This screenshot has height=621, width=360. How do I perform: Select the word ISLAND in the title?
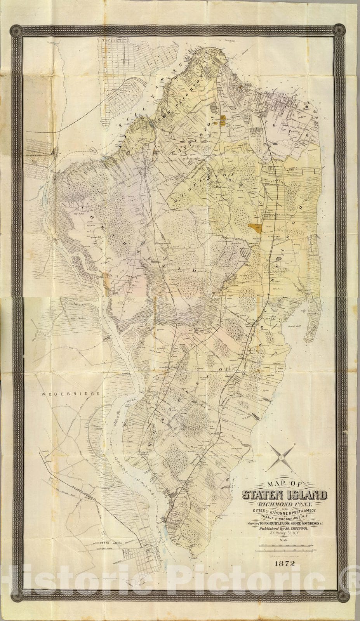pyautogui.click(x=306, y=495)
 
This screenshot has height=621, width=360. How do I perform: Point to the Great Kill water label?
pyautogui.click(x=298, y=326)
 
